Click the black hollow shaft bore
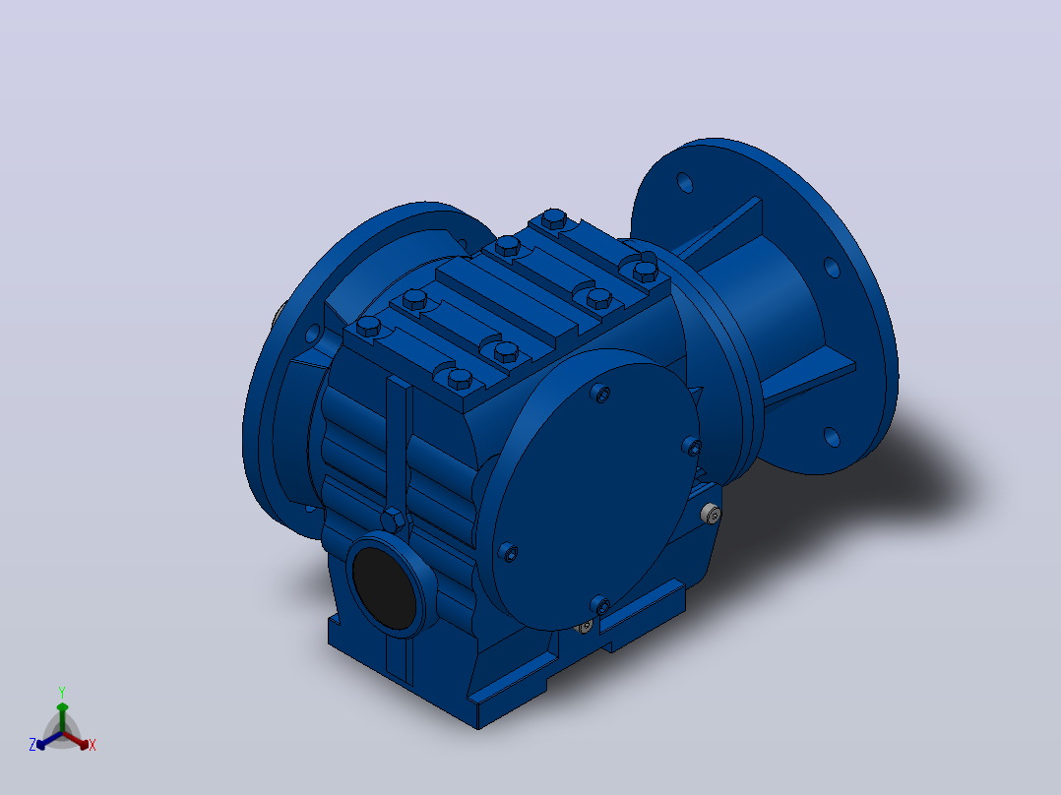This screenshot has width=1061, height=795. (x=384, y=587)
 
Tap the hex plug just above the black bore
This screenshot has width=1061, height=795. (x=393, y=520)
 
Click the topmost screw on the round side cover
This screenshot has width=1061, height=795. (x=600, y=394)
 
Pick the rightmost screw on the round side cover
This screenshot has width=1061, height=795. (x=692, y=446)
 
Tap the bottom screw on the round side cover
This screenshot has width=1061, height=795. (x=600, y=604)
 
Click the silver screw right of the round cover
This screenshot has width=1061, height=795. (x=711, y=515)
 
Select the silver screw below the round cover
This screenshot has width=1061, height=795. (x=585, y=627)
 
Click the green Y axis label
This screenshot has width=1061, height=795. (x=62, y=692)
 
